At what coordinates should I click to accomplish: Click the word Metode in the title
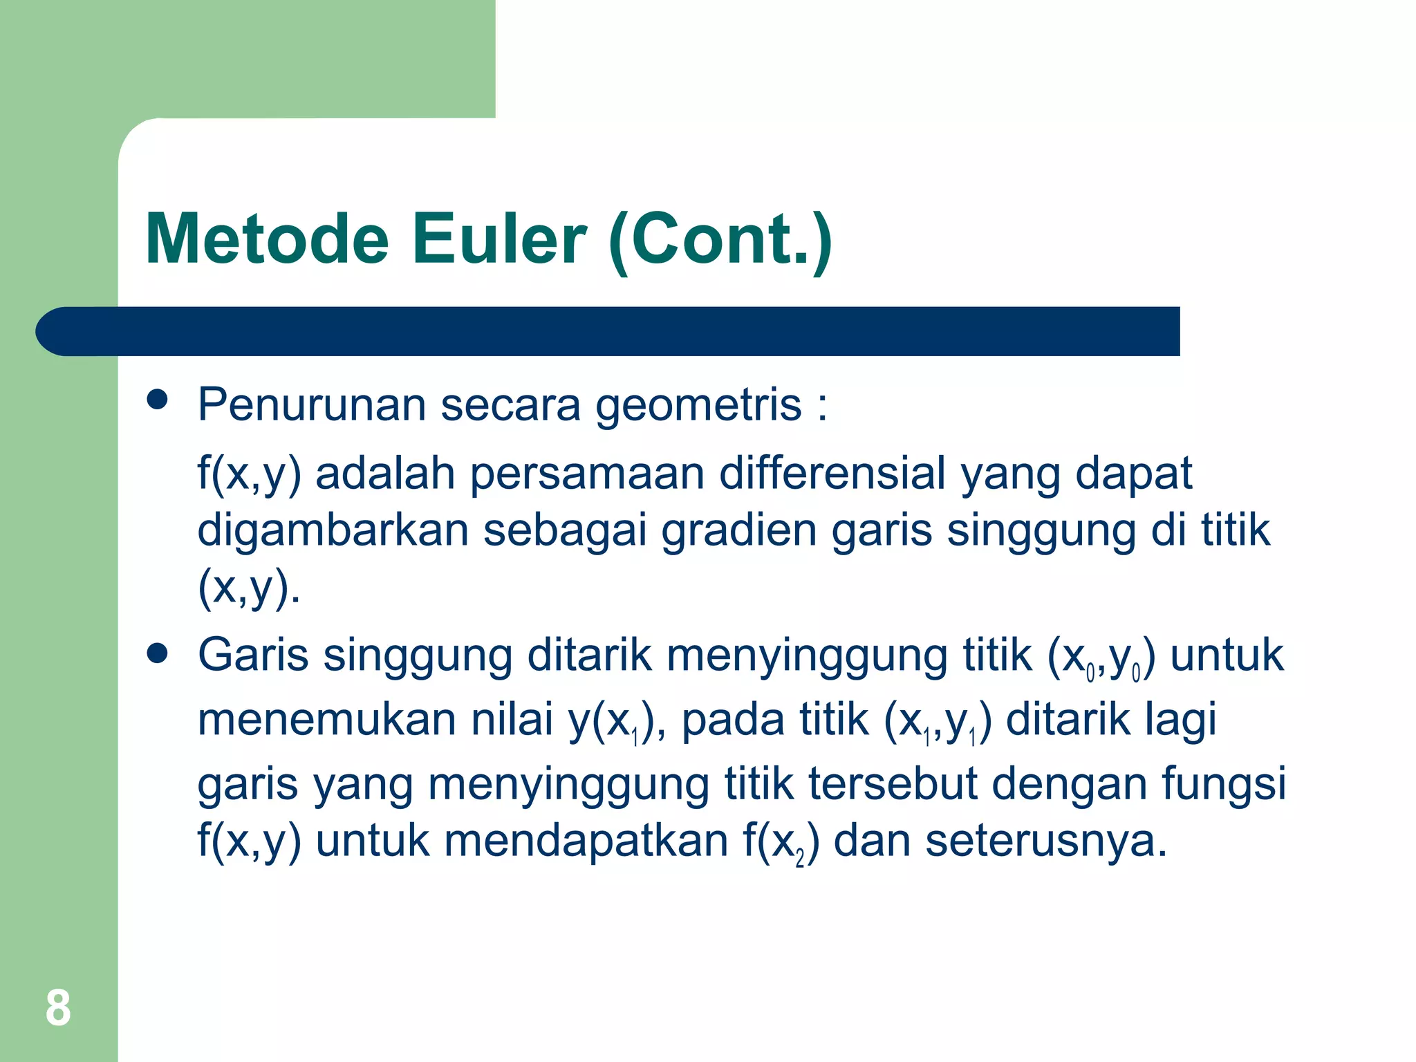point(268,239)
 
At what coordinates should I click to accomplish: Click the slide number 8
point(58,1007)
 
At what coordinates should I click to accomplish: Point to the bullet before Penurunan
point(158,400)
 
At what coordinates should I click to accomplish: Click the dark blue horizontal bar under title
point(608,331)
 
